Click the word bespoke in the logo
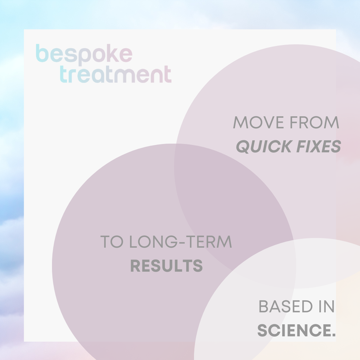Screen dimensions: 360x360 (x=84, y=55)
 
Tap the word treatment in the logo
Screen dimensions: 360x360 (x=116, y=74)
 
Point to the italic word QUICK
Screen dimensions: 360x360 (x=264, y=146)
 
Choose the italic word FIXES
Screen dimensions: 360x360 (x=319, y=146)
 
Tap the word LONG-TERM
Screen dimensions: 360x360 (x=181, y=242)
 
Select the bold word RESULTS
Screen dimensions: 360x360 (x=166, y=266)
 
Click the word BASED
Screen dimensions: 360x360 (x=286, y=306)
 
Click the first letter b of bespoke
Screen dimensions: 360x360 (x=42, y=53)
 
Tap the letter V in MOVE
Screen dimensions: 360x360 (x=269, y=122)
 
